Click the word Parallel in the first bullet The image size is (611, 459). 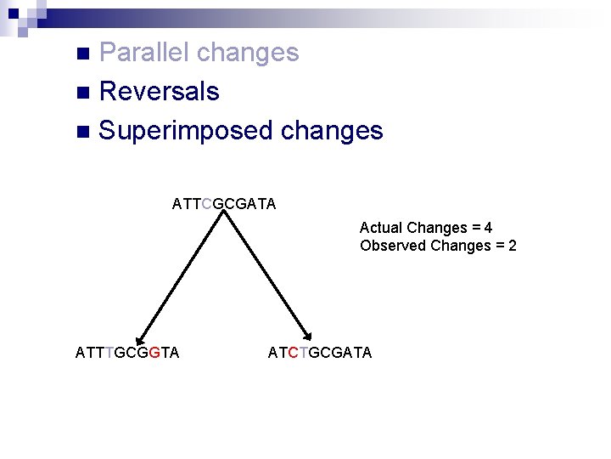(144, 53)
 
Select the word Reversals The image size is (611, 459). (159, 92)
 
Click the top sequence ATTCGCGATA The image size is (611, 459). (223, 204)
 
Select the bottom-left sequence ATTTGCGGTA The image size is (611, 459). (127, 353)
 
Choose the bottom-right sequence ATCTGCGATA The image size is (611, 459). (319, 353)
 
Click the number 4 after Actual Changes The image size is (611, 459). (489, 228)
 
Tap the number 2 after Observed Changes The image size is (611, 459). (512, 246)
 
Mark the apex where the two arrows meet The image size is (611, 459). (224, 214)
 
